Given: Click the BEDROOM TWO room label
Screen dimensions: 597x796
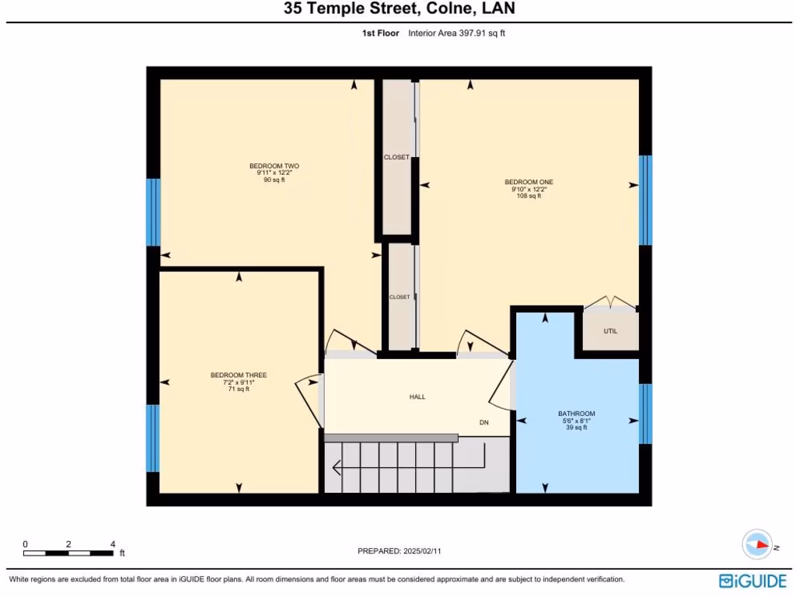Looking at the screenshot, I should coord(274,166).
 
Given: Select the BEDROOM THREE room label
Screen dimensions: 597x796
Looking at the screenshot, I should coord(238,375).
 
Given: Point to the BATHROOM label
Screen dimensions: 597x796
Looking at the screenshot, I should coord(576,414).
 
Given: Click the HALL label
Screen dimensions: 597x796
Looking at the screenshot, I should coord(417,396).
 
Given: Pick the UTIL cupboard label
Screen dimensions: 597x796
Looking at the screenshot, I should coord(610,331).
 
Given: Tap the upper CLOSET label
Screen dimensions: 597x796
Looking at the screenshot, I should coord(396,157).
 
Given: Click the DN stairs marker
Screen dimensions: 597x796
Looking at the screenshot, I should coord(484,423).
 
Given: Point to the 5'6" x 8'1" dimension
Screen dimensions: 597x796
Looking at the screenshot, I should coord(576,421).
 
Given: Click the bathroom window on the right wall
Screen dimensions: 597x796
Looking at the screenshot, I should coord(644,414).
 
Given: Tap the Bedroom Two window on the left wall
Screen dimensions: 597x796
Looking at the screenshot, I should coord(153,212).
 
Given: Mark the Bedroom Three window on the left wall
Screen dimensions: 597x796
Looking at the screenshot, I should coord(152,438).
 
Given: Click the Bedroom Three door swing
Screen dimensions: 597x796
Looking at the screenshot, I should coord(309,393).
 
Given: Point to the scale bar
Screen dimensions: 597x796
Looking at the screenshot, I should coord(69,553).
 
